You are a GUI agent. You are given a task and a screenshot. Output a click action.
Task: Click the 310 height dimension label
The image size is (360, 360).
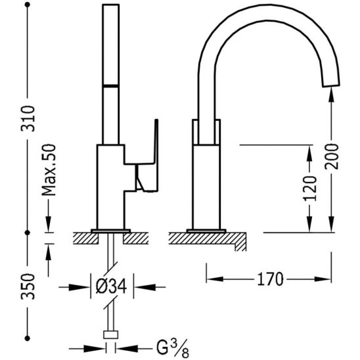[28, 118]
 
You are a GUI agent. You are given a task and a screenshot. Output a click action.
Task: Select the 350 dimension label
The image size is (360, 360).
[28, 286]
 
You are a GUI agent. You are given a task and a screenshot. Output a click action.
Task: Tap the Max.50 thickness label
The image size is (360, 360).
[49, 169]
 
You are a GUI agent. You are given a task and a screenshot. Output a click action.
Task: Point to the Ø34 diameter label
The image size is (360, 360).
[112, 286]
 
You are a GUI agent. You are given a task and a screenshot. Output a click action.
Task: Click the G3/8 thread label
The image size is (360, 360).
[173, 348]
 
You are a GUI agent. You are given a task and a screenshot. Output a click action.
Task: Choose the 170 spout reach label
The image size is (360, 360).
[270, 279]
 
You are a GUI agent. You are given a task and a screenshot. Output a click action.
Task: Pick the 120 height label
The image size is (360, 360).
[310, 189]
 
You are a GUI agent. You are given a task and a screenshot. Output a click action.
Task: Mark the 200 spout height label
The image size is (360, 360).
[332, 156]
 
